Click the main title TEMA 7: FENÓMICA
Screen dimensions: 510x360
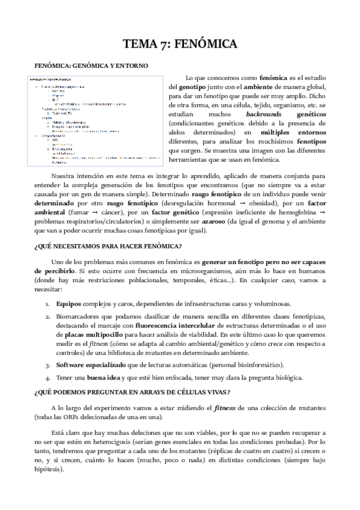pos(180,44)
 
